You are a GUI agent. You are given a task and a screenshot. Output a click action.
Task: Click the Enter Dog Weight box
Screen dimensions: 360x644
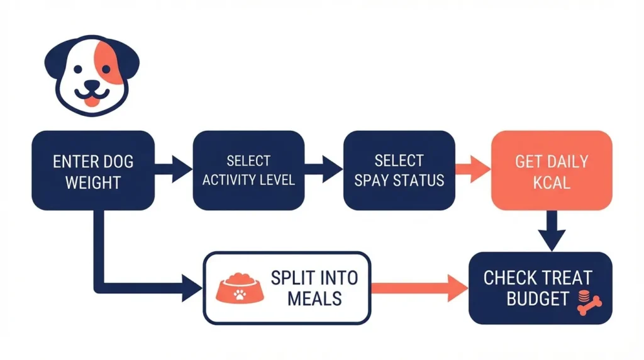tap(93, 170)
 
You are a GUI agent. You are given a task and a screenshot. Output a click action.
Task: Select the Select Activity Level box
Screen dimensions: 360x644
tap(248, 170)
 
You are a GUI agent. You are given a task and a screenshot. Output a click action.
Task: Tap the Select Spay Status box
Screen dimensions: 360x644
tap(399, 170)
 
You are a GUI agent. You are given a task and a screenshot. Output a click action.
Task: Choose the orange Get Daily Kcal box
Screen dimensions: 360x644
tap(551, 170)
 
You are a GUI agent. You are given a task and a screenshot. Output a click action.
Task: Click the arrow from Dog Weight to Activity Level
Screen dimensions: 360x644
tap(174, 169)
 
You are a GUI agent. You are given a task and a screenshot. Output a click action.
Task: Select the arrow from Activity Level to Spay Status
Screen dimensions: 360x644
tap(325, 169)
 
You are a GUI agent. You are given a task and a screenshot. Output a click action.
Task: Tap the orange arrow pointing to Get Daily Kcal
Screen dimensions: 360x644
tap(473, 169)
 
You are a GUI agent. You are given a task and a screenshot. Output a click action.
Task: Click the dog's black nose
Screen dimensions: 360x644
tap(92, 85)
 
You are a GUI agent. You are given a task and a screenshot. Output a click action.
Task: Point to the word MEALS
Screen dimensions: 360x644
tap(314, 298)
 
